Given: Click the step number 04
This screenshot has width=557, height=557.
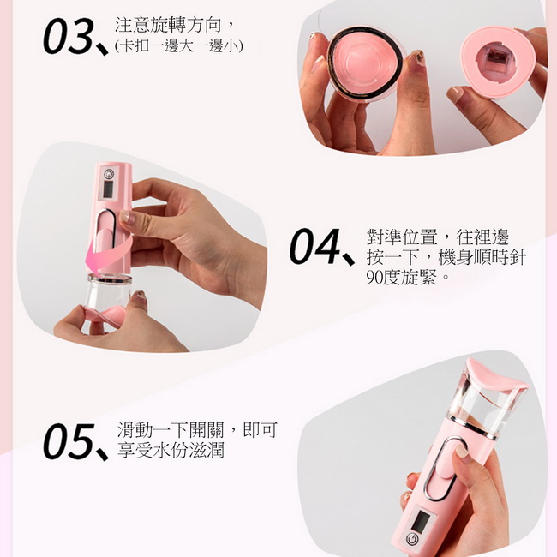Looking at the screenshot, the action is click(x=315, y=246).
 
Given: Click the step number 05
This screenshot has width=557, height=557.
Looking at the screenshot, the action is click(x=69, y=441).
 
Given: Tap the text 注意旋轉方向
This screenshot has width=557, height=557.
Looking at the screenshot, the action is click(x=169, y=25).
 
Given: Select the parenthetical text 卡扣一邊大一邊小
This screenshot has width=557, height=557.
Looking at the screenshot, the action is click(x=179, y=46).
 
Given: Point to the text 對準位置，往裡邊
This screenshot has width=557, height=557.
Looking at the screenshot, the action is click(x=438, y=237).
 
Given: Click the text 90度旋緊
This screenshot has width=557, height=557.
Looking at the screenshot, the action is click(x=401, y=277).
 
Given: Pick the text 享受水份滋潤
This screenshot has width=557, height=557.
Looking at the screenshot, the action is click(x=171, y=451).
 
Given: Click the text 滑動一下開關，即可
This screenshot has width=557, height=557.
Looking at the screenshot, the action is click(x=197, y=430).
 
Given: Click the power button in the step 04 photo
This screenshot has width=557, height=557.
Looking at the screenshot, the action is click(x=109, y=174).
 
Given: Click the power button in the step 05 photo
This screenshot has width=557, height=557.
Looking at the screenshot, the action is click(x=412, y=538).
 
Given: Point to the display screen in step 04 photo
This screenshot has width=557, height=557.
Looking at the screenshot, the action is click(x=108, y=189).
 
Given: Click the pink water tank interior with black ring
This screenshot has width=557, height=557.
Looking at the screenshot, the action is click(x=366, y=63).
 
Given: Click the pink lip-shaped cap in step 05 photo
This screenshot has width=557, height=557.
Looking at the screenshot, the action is click(x=494, y=376).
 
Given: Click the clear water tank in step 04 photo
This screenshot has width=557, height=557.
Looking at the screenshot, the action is click(x=108, y=292).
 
